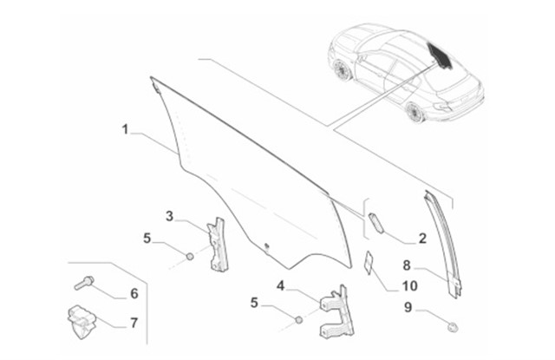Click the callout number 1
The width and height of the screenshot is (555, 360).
pyautogui.click(x=125, y=129)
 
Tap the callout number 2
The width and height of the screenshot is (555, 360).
pyautogui.click(x=422, y=239)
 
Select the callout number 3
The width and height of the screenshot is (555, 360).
pyautogui.click(x=170, y=216)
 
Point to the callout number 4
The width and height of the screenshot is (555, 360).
pyautogui.click(x=280, y=285)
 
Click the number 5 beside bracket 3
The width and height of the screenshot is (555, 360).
pyautogui.click(x=147, y=239)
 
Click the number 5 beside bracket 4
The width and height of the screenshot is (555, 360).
pyautogui.click(x=254, y=303)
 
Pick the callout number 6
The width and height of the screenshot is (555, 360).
pyautogui.click(x=134, y=293)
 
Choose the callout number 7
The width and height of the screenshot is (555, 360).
pyautogui.click(x=134, y=324)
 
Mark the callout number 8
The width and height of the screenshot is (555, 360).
pyautogui.click(x=407, y=265)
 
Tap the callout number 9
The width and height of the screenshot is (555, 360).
pyautogui.click(x=408, y=307)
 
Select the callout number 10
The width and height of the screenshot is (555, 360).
pyautogui.click(x=409, y=285)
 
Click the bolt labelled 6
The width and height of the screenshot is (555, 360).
pyautogui.click(x=84, y=283)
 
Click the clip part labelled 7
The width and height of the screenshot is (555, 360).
pyautogui.click(x=82, y=322)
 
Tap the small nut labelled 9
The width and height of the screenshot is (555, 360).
pyautogui.click(x=453, y=327)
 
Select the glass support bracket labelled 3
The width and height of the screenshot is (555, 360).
pyautogui.click(x=218, y=245)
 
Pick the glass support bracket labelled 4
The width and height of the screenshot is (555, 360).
pyautogui.click(x=338, y=312)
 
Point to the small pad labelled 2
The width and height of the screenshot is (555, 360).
pyautogui.click(x=375, y=223)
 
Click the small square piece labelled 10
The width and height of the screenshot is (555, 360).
pyautogui.click(x=369, y=262)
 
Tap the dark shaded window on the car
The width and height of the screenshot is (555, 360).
pyautogui.click(x=441, y=56)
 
